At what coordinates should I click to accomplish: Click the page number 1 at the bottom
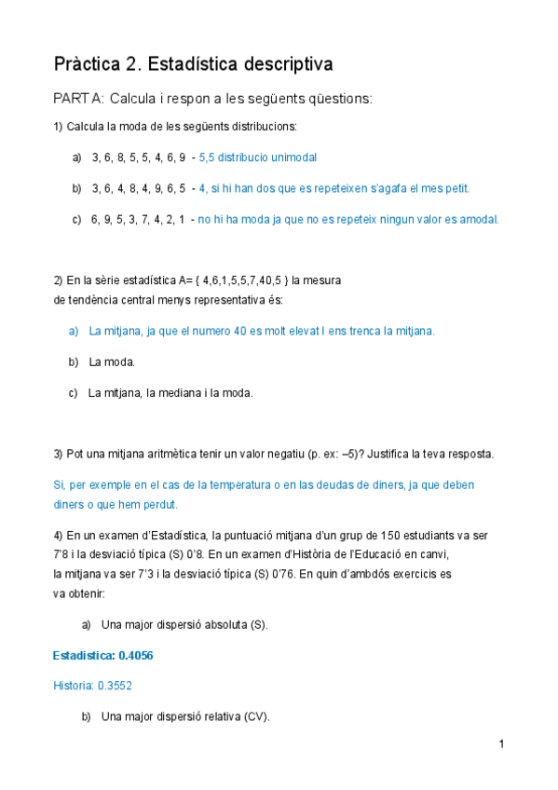click(x=501, y=743)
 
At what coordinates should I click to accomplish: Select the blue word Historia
click(x=74, y=686)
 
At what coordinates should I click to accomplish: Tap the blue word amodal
click(x=478, y=219)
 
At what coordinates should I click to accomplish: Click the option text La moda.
click(x=112, y=361)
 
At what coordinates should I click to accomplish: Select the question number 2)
click(x=58, y=279)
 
